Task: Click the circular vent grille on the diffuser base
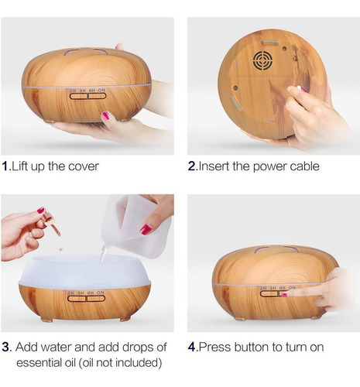point(263,61)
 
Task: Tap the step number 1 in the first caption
point(5,166)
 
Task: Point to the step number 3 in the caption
point(6,348)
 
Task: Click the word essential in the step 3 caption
point(39,363)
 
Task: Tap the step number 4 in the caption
point(192,348)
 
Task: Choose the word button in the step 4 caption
point(251,348)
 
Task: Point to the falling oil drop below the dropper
point(60,249)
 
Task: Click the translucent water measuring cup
point(136,226)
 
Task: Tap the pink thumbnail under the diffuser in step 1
point(105,116)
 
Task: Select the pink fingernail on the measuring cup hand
point(146,229)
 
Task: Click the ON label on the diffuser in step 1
point(101,90)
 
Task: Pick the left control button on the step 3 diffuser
point(77,299)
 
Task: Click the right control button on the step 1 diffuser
point(98,96)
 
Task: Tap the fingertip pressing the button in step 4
point(285,294)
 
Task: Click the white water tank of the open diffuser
point(84,271)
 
